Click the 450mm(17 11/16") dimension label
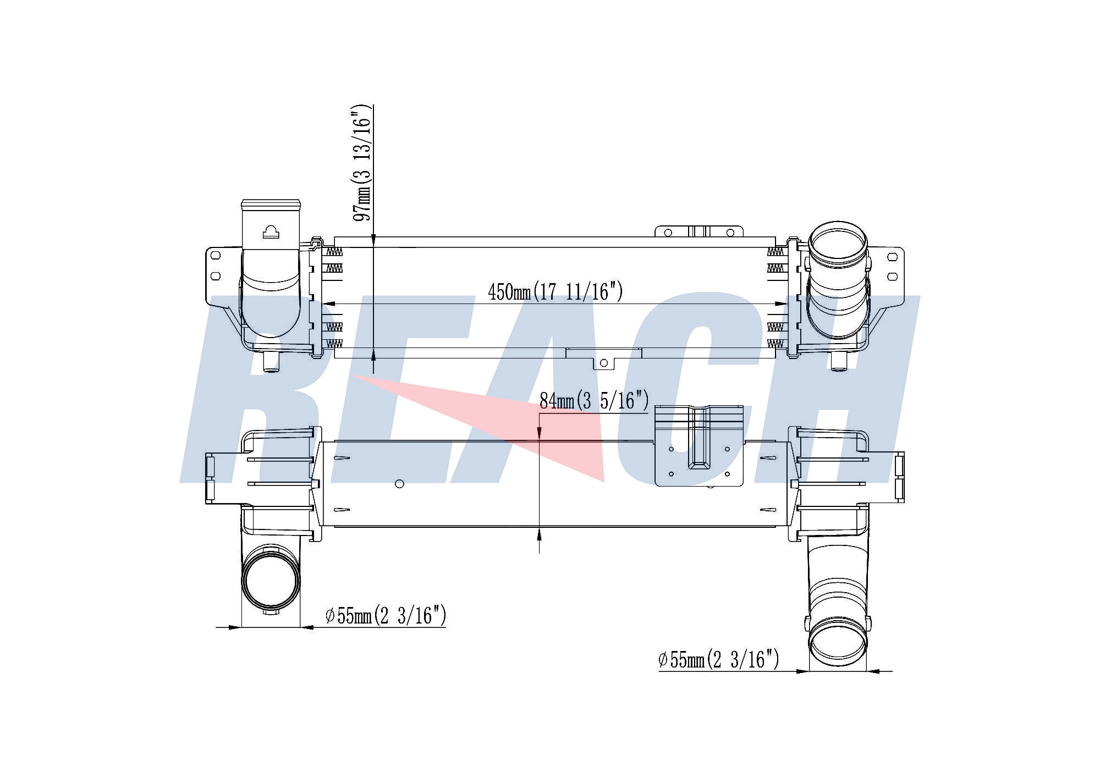[x=555, y=291]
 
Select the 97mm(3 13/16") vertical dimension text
[x=362, y=163]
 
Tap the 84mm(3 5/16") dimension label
[x=594, y=401]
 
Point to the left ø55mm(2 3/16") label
[x=386, y=615]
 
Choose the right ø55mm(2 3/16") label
[x=719, y=659]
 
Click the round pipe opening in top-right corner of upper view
[x=838, y=242]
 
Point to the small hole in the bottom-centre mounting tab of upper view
[x=603, y=363]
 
